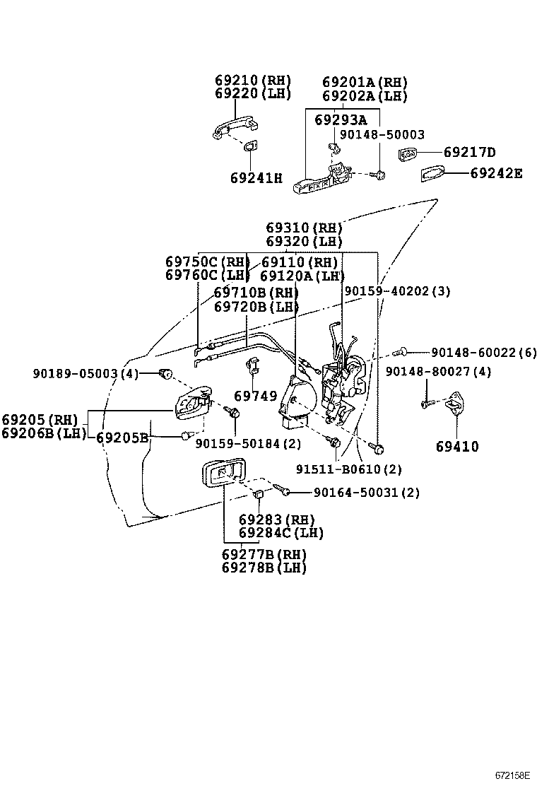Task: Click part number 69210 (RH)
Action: point(252,81)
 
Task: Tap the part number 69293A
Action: point(341,121)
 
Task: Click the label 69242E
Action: point(496,172)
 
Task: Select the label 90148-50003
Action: point(382,134)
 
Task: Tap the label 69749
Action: point(255,397)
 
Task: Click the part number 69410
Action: point(456,447)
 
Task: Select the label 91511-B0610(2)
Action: point(358,469)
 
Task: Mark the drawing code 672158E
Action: point(512,775)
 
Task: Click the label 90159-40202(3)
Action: point(397,291)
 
